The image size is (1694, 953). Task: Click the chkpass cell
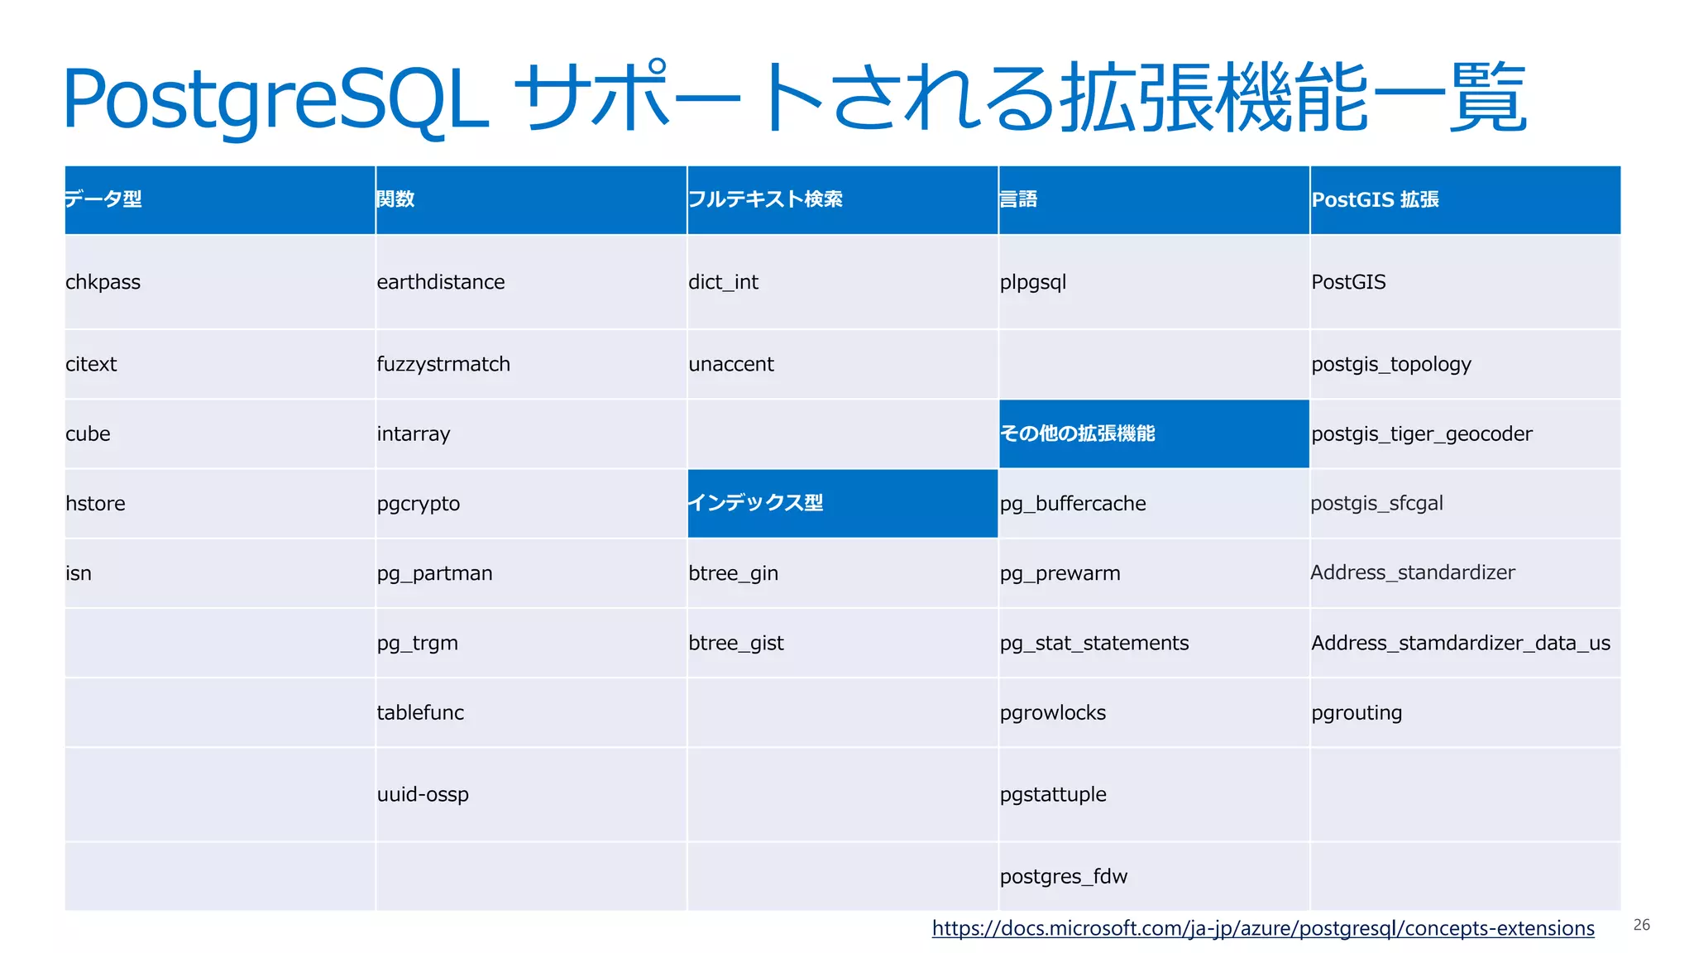click(103, 282)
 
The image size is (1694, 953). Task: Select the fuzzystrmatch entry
click(443, 364)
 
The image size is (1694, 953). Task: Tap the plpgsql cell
click(1033, 282)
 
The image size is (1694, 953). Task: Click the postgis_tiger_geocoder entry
click(1421, 433)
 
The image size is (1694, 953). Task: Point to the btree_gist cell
click(736, 643)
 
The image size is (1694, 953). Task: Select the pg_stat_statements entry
click(1093, 643)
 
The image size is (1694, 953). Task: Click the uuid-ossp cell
click(423, 794)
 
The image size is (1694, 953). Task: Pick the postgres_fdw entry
click(1063, 876)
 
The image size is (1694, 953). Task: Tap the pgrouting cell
click(1357, 712)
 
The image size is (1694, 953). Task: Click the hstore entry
click(95, 503)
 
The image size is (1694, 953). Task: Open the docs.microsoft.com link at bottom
click(1262, 928)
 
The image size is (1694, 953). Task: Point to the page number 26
click(1641, 925)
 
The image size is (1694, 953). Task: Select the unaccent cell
click(731, 364)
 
